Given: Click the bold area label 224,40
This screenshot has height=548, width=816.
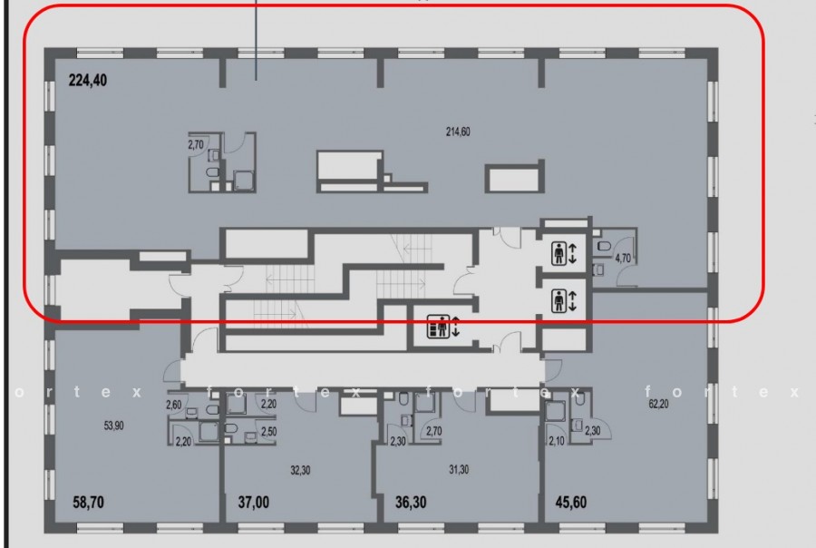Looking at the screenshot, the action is tap(88, 80).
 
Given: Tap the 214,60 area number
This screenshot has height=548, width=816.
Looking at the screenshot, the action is tap(458, 132).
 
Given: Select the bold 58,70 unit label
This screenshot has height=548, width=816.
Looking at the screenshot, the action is tap(89, 503).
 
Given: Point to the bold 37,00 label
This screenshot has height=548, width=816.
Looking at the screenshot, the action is tap(254, 503).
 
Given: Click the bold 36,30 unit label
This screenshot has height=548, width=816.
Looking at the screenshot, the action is tap(411, 503).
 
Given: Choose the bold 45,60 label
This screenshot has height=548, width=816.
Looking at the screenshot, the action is tap(571, 503).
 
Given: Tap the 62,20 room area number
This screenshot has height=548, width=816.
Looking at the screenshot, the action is tap(658, 404).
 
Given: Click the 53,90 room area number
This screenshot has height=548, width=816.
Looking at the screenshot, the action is tap(114, 426).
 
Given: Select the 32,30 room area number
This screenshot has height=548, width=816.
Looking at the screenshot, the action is tap(300, 470).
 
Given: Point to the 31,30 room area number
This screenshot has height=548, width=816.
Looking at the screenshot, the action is tap(459, 469).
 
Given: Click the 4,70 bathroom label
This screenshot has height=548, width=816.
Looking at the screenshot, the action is tap(623, 258).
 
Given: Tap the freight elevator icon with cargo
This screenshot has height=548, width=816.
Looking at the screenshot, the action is tap(438, 327).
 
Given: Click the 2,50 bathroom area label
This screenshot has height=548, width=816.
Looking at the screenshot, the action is tap(269, 432).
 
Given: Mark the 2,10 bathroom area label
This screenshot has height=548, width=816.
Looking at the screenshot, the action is tap(557, 442).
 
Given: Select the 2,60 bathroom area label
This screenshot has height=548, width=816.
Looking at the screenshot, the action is tap(174, 405).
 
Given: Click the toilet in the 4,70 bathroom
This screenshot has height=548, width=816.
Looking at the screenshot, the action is tap(604, 245).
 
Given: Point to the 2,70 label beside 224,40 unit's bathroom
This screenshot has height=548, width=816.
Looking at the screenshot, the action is tap(196, 144).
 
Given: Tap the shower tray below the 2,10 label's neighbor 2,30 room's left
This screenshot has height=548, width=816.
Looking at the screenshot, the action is tap(555, 411).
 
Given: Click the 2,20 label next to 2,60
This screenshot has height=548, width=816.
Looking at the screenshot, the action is tap(183, 442).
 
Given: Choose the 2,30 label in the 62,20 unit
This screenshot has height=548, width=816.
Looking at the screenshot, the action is tap(593, 431).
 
